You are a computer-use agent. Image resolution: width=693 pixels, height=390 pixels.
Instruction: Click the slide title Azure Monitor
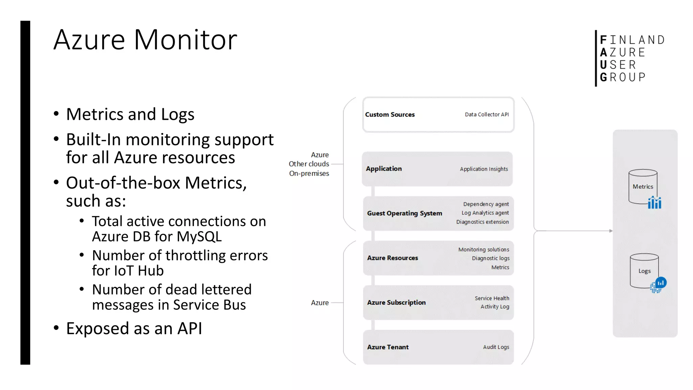coord(145,40)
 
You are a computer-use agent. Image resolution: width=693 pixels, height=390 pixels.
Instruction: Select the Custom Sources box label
coord(390,115)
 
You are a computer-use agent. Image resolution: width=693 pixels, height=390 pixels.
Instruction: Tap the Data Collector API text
coord(487,115)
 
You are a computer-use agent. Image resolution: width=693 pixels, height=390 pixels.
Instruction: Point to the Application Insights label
coord(484,169)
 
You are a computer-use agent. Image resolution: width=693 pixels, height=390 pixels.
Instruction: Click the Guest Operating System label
coord(404,213)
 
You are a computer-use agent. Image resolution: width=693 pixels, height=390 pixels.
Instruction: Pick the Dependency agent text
coord(486,204)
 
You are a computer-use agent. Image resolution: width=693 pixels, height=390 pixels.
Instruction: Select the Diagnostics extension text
coord(482,222)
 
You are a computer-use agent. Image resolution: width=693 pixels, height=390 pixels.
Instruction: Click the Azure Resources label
coord(393,258)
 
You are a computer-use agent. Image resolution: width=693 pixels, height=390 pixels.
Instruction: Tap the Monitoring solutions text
coord(484,250)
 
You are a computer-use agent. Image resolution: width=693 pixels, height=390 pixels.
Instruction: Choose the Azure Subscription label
coord(396,303)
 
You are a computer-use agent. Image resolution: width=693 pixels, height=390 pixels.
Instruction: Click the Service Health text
coord(492,298)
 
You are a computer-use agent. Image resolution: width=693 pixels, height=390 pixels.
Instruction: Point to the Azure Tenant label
coord(388,347)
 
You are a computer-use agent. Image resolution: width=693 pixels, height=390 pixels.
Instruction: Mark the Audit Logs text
coord(496,347)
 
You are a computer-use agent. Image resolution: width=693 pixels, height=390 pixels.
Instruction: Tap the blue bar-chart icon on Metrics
coord(654,203)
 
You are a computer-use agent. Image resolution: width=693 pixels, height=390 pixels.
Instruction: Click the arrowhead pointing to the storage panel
coord(611,231)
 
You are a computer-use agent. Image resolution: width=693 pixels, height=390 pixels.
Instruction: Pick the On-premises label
coord(309,174)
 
